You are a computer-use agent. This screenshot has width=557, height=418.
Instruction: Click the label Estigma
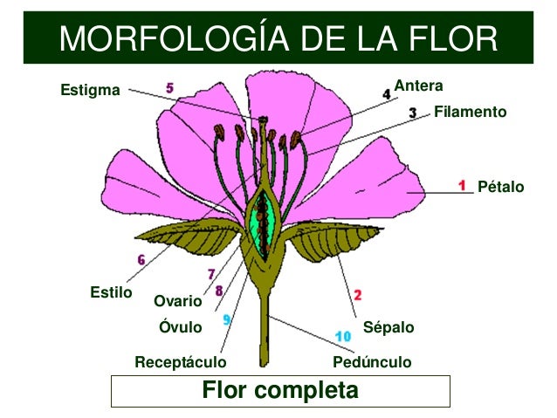pyautogui.click(x=90, y=90)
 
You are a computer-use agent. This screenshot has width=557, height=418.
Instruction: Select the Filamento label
pyautogui.click(x=470, y=113)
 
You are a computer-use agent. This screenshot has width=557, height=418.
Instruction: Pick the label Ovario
pyautogui.click(x=177, y=302)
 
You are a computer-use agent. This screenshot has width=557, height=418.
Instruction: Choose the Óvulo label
pyautogui.click(x=180, y=328)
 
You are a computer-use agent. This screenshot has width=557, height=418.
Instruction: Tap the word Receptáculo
pyautogui.click(x=180, y=361)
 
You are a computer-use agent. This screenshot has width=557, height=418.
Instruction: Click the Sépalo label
pyautogui.click(x=388, y=328)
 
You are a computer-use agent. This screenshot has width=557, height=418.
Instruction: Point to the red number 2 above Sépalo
pyautogui.click(x=358, y=295)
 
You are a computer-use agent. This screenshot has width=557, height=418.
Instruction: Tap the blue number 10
pyautogui.click(x=343, y=335)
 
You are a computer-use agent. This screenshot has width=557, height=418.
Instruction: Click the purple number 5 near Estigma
pyautogui.click(x=169, y=87)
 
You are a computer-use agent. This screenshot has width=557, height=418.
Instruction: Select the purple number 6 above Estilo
pyautogui.click(x=141, y=259)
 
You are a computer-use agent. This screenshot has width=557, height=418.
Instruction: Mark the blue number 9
pyautogui.click(x=226, y=319)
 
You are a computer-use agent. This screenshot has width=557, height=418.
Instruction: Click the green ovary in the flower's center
pyautogui.click(x=260, y=223)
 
